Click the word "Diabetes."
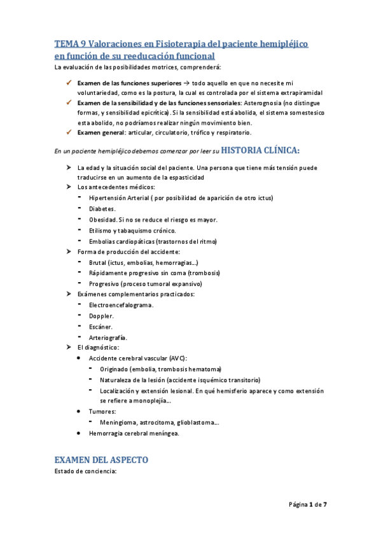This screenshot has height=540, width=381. [102, 208]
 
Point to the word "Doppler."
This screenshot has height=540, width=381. [101, 316]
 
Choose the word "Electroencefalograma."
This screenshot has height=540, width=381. [121, 305]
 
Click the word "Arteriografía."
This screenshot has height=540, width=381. [108, 337]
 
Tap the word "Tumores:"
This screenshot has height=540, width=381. [102, 412]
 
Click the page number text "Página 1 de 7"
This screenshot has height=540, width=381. [308, 505]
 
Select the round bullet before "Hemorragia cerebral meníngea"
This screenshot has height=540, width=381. [77, 434]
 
